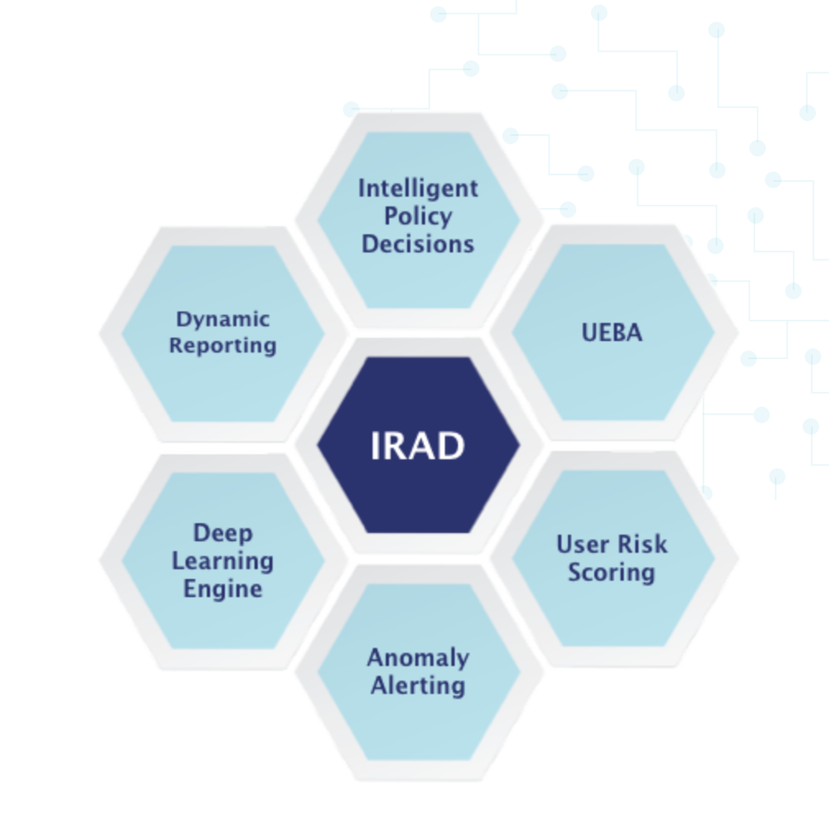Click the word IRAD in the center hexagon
click(x=417, y=446)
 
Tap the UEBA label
click(x=612, y=332)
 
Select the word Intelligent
click(x=418, y=189)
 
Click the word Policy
click(x=418, y=216)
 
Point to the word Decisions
click(x=418, y=244)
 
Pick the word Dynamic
click(x=223, y=319)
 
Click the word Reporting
click(x=223, y=345)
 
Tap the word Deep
click(x=223, y=533)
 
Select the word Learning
click(x=223, y=561)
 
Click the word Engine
click(x=223, y=589)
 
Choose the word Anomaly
click(x=418, y=658)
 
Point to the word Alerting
click(x=418, y=685)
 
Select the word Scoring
click(x=612, y=572)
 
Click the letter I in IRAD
click(x=375, y=446)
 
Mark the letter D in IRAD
click(x=450, y=446)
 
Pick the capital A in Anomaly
click(x=376, y=657)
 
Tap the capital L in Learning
click(x=177, y=561)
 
